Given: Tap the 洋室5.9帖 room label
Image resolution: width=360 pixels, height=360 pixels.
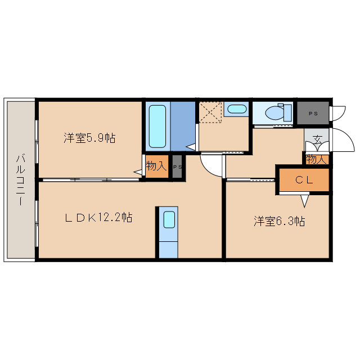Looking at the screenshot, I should point(89,137).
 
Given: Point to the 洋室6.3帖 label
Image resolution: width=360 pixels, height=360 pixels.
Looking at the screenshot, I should point(279,221).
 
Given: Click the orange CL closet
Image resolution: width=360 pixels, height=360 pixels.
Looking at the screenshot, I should point(304,180).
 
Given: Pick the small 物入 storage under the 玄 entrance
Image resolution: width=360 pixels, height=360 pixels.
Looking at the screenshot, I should point(317,159).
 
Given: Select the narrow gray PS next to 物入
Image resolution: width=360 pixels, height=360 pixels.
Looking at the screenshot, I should point(177,167).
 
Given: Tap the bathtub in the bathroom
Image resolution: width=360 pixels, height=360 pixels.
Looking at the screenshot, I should point(157,125).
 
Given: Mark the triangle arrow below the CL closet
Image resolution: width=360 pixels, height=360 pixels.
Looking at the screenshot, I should point(304,200).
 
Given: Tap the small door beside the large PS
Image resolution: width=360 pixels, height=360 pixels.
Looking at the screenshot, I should point(337,113).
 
